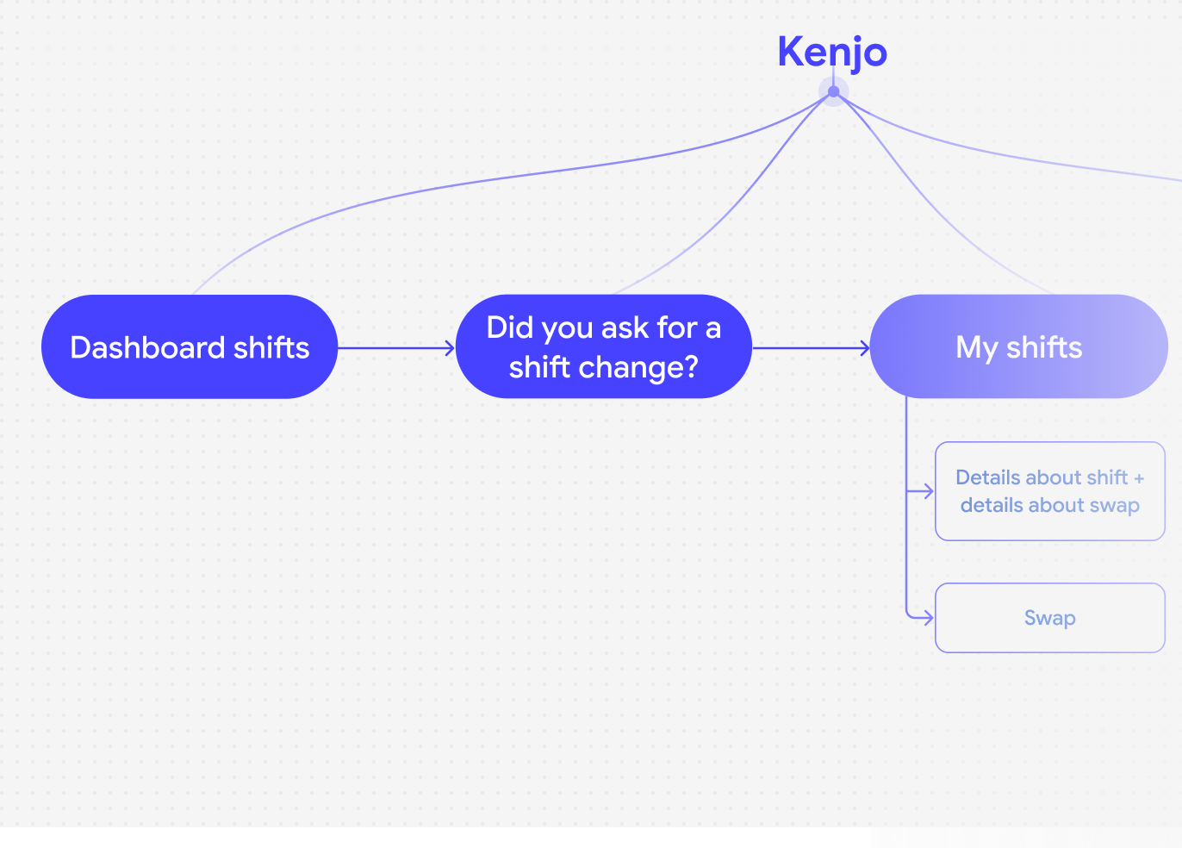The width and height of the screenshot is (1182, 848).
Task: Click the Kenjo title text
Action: (x=832, y=53)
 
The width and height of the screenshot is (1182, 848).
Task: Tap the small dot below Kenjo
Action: (x=833, y=92)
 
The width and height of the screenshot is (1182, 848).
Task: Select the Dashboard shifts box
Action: (x=190, y=346)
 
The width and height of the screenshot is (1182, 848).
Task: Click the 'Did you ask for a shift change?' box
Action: (x=604, y=346)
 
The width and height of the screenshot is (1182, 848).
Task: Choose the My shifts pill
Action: (x=1018, y=346)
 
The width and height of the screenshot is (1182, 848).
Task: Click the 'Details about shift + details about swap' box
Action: (x=1049, y=491)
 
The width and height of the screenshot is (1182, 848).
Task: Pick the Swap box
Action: (x=1049, y=618)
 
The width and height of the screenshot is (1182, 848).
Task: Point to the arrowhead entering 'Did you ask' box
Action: (x=450, y=348)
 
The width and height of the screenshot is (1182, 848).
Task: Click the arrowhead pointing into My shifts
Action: (x=865, y=348)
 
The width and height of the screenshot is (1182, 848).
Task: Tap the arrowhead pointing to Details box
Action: (x=929, y=491)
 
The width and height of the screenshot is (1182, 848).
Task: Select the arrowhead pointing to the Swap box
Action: (x=929, y=618)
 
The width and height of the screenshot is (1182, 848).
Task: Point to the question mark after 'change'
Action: (x=691, y=367)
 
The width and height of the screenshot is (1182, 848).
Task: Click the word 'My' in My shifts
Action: (x=976, y=348)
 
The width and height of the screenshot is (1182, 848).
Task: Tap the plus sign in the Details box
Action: (x=1139, y=478)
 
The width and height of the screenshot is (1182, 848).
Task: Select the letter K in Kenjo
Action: (x=791, y=52)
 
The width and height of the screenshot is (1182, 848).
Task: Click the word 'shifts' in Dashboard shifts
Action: (x=271, y=347)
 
